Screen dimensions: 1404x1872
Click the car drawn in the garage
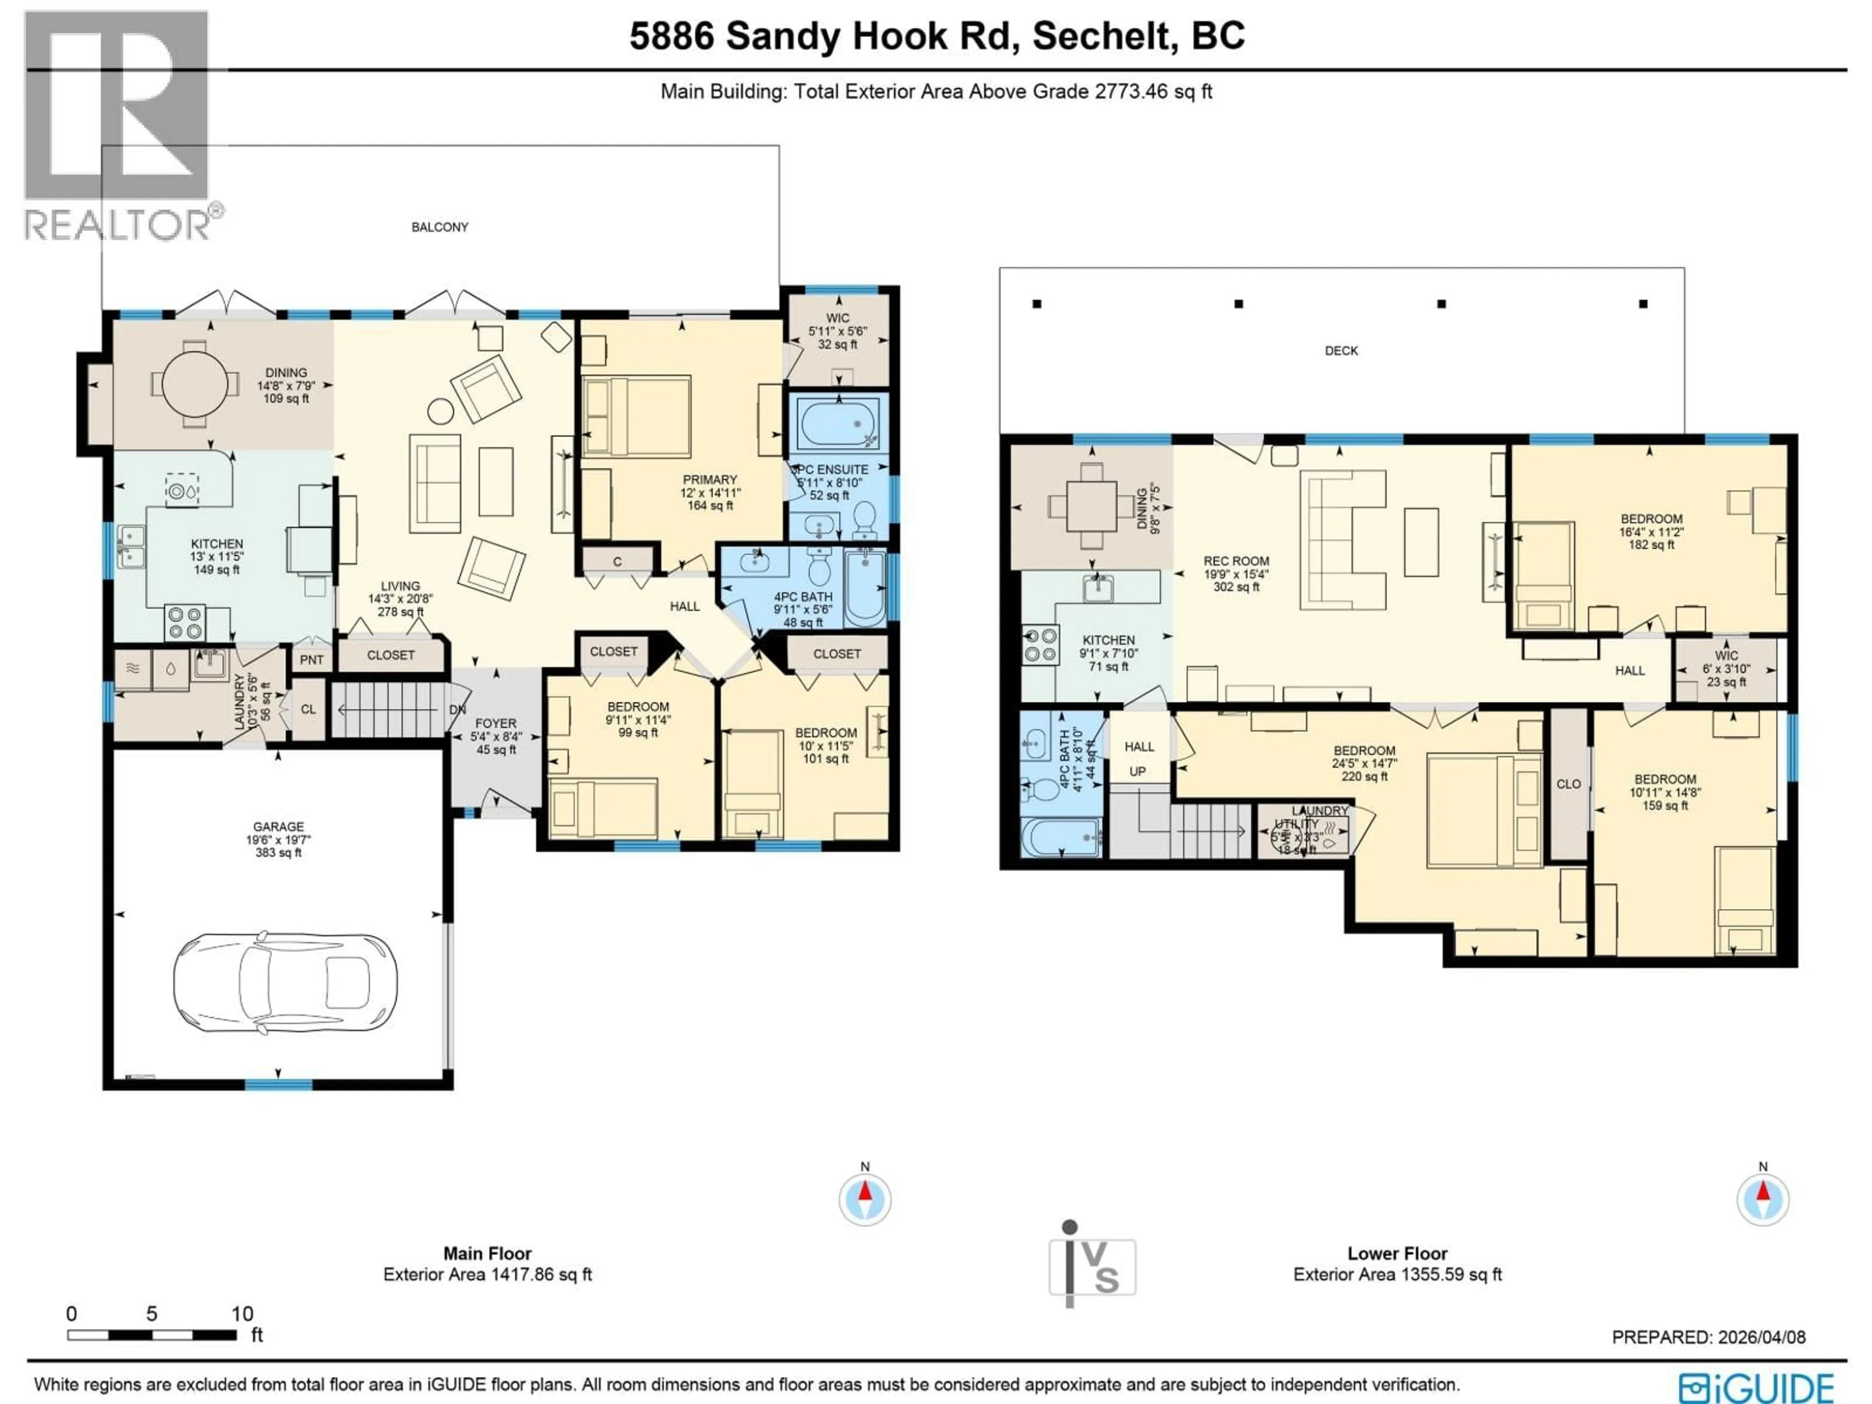(x=285, y=982)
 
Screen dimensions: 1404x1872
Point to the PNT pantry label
(x=312, y=659)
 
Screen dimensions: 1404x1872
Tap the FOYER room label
(x=495, y=723)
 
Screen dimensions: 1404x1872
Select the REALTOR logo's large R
(x=116, y=106)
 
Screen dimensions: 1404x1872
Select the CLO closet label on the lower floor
(x=1568, y=784)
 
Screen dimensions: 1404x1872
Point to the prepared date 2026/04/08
(x=1756, y=1337)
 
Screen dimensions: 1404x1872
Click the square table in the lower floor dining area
(x=1091, y=508)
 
